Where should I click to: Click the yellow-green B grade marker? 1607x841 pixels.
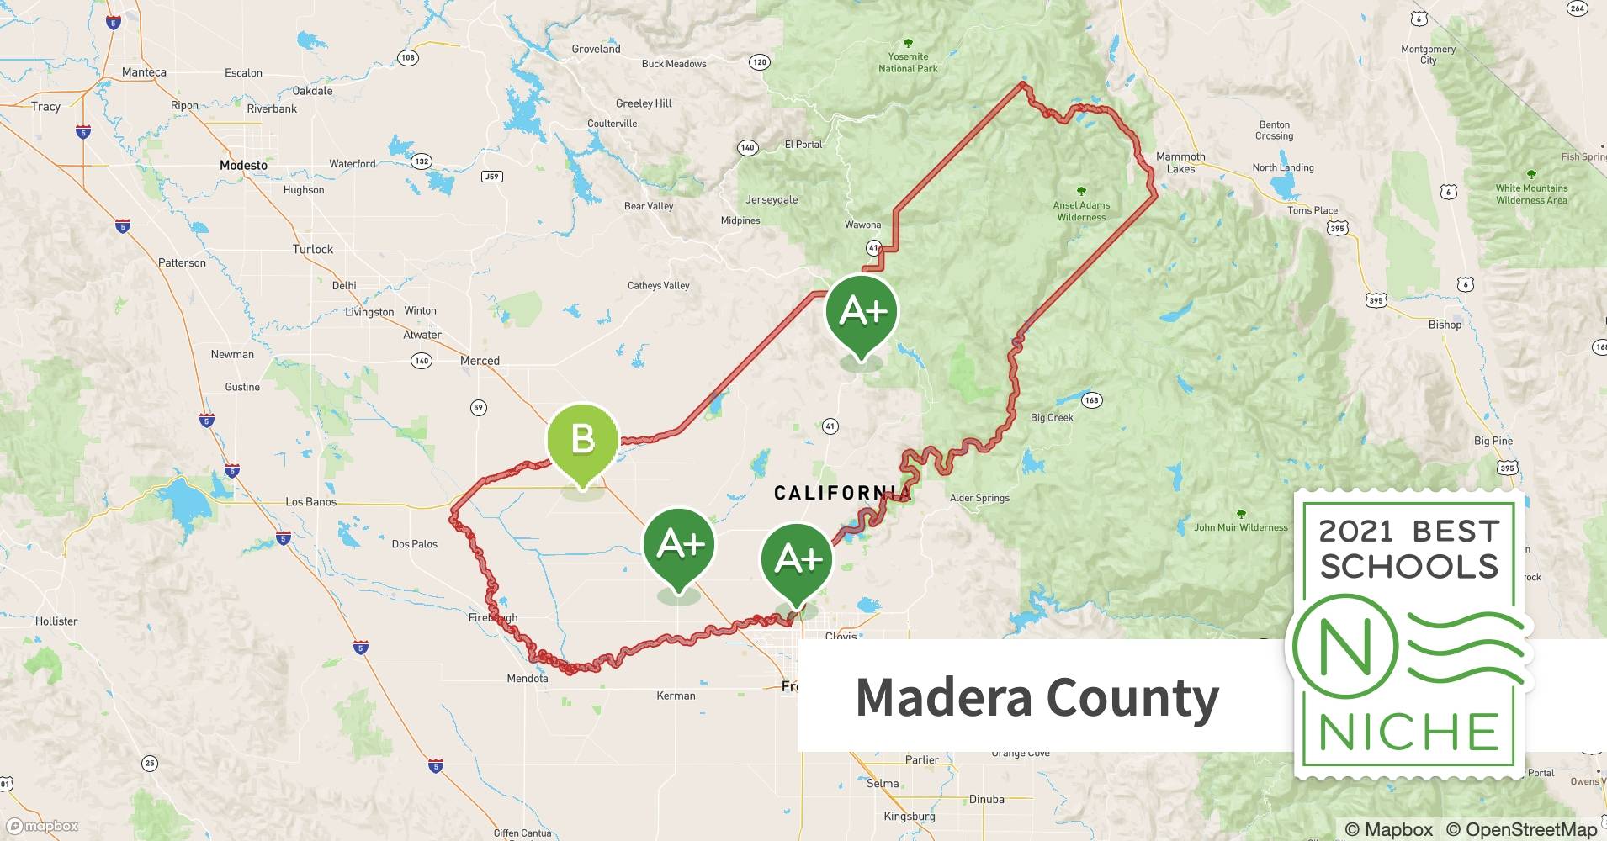582,440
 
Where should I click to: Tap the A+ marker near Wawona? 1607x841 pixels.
862,312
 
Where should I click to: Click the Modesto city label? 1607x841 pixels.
243,165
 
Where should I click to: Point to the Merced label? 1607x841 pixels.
480,361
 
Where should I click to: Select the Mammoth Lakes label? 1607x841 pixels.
1180,162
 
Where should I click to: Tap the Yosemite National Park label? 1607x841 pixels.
908,62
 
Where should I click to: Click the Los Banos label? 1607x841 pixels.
310,502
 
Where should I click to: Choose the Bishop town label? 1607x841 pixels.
1445,325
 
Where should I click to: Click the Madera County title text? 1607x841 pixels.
1037,698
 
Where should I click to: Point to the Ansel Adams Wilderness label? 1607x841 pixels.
1081,210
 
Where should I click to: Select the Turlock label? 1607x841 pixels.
312,249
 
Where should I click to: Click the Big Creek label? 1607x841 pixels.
1052,417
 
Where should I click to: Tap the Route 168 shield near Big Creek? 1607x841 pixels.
1091,399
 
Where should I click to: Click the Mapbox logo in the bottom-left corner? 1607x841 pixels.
42,826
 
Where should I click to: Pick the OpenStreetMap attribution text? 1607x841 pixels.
1521,829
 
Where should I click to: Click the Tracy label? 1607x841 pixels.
45,107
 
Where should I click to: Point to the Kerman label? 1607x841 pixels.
676,696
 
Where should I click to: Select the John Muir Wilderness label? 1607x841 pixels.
1241,527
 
